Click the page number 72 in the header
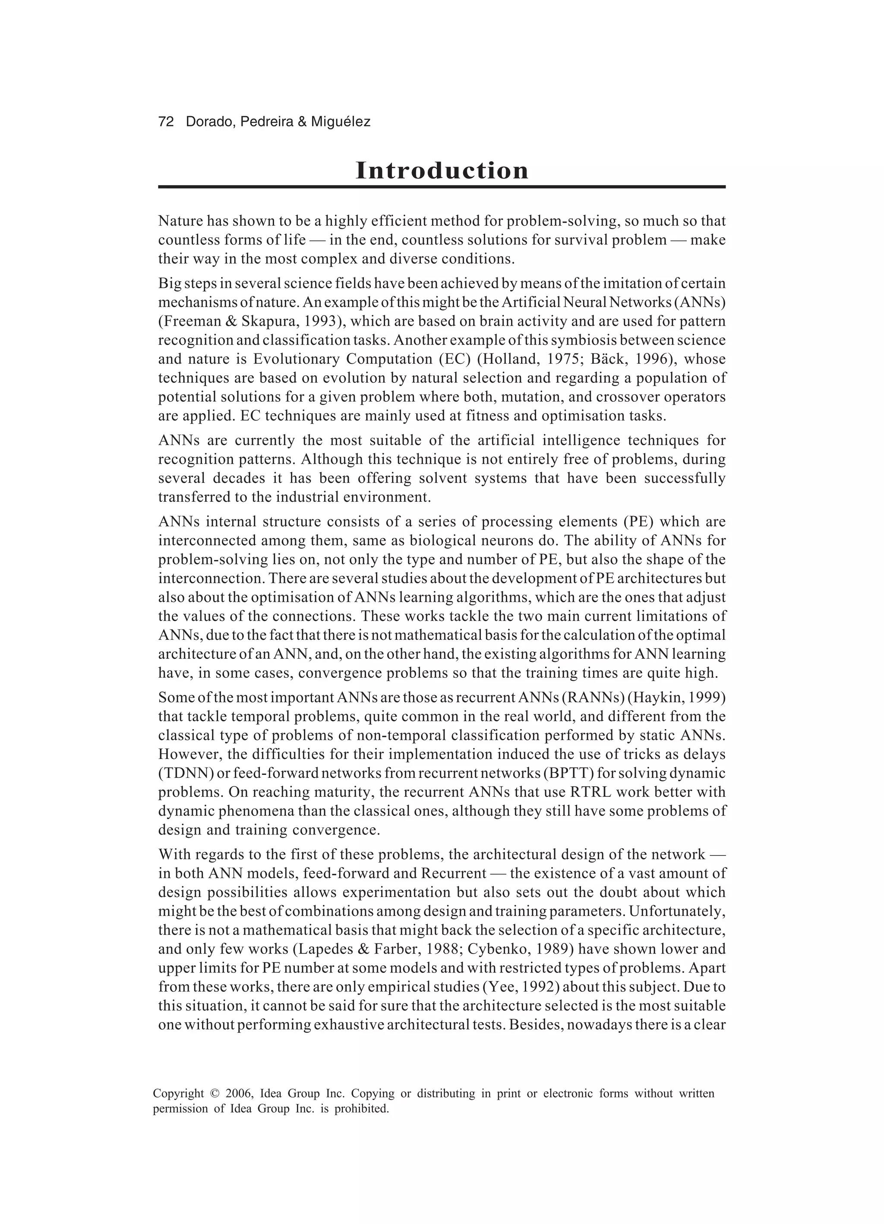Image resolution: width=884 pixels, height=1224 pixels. (166, 122)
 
